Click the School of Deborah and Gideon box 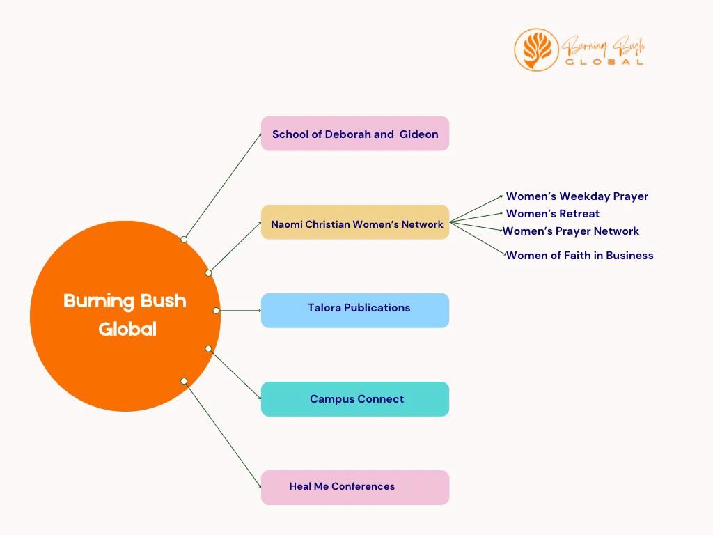pyautogui.click(x=355, y=134)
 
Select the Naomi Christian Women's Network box pyautogui.click(x=355, y=223)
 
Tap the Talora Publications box pyautogui.click(x=355, y=311)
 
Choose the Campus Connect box pyautogui.click(x=355, y=399)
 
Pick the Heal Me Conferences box pyautogui.click(x=355, y=488)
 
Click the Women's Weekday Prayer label pyautogui.click(x=577, y=196)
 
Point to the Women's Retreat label pyautogui.click(x=552, y=214)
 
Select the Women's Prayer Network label pyautogui.click(x=571, y=231)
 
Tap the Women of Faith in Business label pyautogui.click(x=579, y=256)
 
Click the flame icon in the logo pyautogui.click(x=536, y=49)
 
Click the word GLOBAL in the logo pyautogui.click(x=604, y=61)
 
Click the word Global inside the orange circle pyautogui.click(x=127, y=329)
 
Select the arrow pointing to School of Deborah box pyautogui.click(x=223, y=186)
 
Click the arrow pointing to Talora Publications pyautogui.click(x=239, y=310)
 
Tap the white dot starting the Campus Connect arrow pyautogui.click(x=208, y=348)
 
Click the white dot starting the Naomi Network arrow pyautogui.click(x=208, y=273)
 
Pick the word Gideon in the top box pyautogui.click(x=418, y=134)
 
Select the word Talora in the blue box pyautogui.click(x=324, y=308)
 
